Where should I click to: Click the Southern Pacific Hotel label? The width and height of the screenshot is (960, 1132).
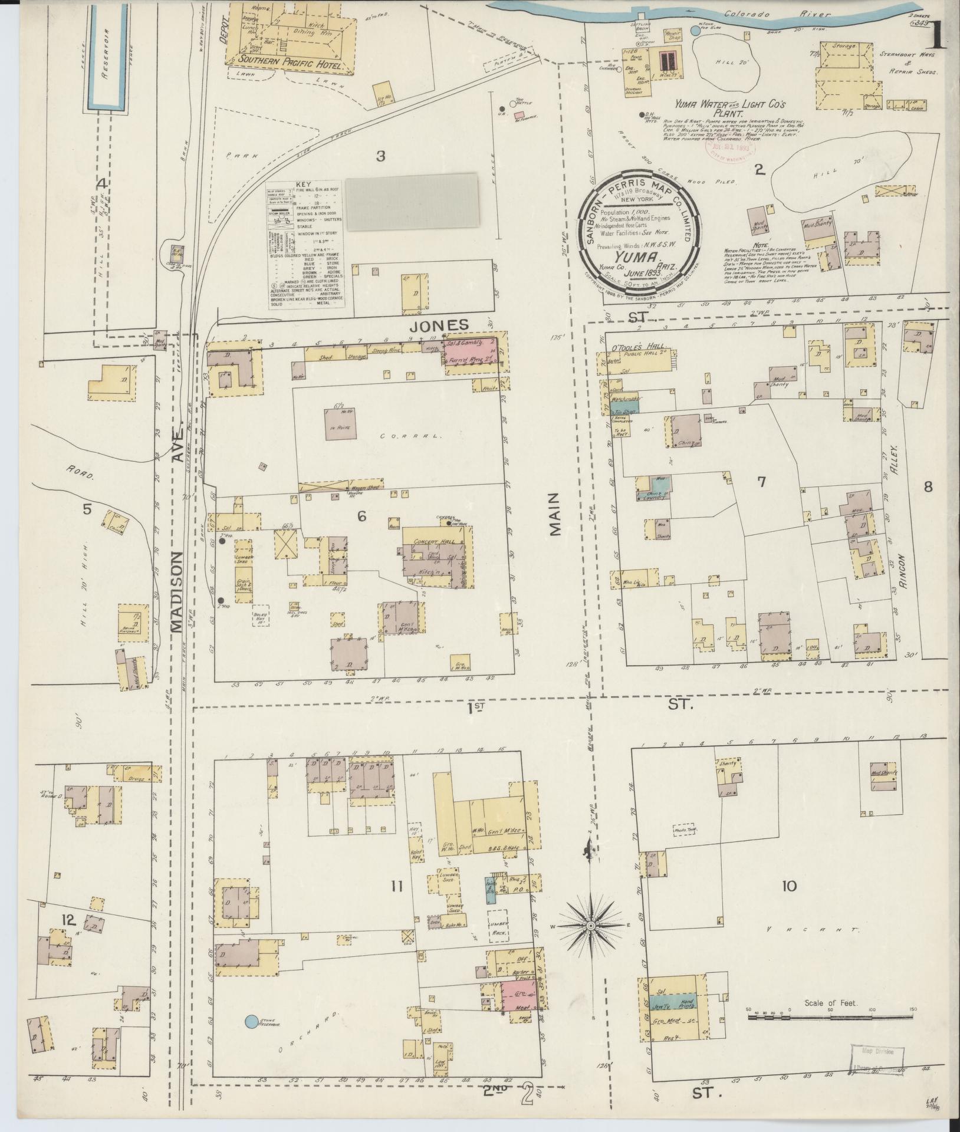click(x=294, y=66)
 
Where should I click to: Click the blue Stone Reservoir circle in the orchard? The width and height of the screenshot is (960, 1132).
click(x=251, y=1021)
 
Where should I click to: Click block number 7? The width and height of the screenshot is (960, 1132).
click(x=761, y=482)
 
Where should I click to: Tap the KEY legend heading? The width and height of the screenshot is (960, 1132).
click(x=307, y=185)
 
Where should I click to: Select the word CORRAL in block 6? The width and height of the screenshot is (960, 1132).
click(x=400, y=437)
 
